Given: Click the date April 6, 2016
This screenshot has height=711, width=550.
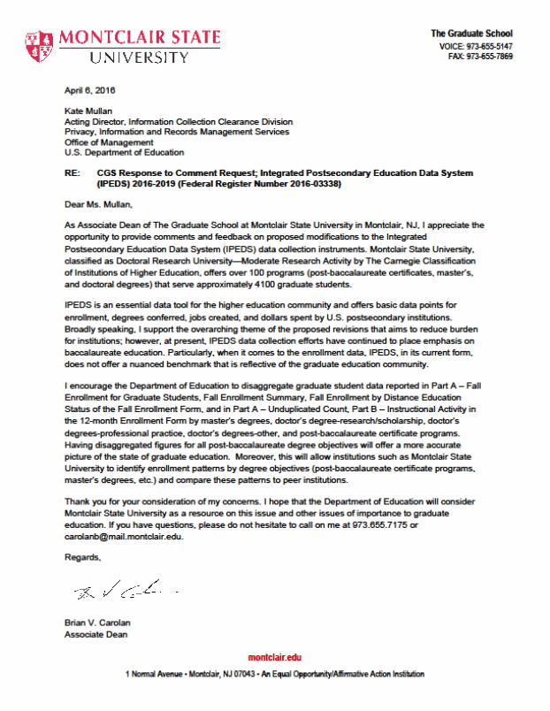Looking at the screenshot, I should click(90, 90).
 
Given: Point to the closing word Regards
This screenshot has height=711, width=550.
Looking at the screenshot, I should click(83, 557).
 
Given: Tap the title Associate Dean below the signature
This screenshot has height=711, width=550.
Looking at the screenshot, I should click(97, 635).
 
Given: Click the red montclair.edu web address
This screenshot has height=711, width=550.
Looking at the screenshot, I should click(274, 659).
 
